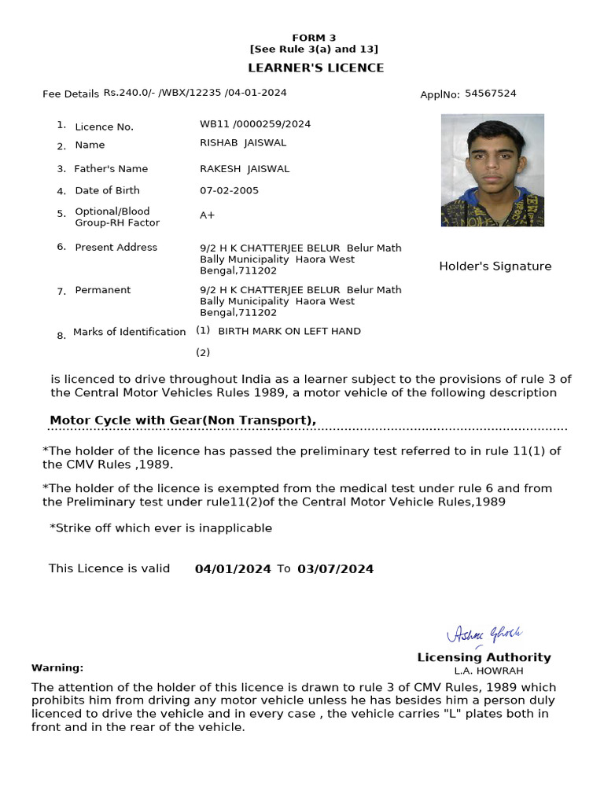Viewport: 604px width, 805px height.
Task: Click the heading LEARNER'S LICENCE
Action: tap(316, 68)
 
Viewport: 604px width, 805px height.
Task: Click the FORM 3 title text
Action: tap(314, 38)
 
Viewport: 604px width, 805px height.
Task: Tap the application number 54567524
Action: tap(490, 94)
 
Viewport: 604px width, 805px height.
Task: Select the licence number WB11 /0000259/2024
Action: tap(255, 124)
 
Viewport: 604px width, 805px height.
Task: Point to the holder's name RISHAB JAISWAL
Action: tap(243, 143)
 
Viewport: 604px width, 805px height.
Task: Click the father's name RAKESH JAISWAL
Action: tap(245, 169)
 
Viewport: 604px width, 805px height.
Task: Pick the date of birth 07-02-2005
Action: tap(229, 191)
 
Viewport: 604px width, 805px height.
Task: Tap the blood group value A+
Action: tap(207, 215)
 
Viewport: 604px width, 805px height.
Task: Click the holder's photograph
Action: tap(492, 170)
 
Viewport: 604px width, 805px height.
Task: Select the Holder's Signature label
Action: tap(495, 266)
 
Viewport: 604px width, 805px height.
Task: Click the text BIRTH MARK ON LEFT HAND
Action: tap(289, 332)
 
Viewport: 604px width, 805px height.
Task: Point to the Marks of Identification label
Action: tap(129, 333)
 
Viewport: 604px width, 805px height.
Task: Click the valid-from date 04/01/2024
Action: tap(233, 569)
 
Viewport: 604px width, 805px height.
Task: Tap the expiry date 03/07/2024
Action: tap(335, 569)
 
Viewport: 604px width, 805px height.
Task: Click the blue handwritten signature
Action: tap(484, 634)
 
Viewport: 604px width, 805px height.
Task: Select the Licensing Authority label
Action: tap(484, 657)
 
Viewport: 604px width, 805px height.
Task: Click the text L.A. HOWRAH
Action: tap(488, 671)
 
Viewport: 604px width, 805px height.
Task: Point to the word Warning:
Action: tap(57, 668)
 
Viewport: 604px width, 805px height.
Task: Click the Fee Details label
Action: tap(71, 94)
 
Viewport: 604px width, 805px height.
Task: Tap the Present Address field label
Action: tap(116, 248)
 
